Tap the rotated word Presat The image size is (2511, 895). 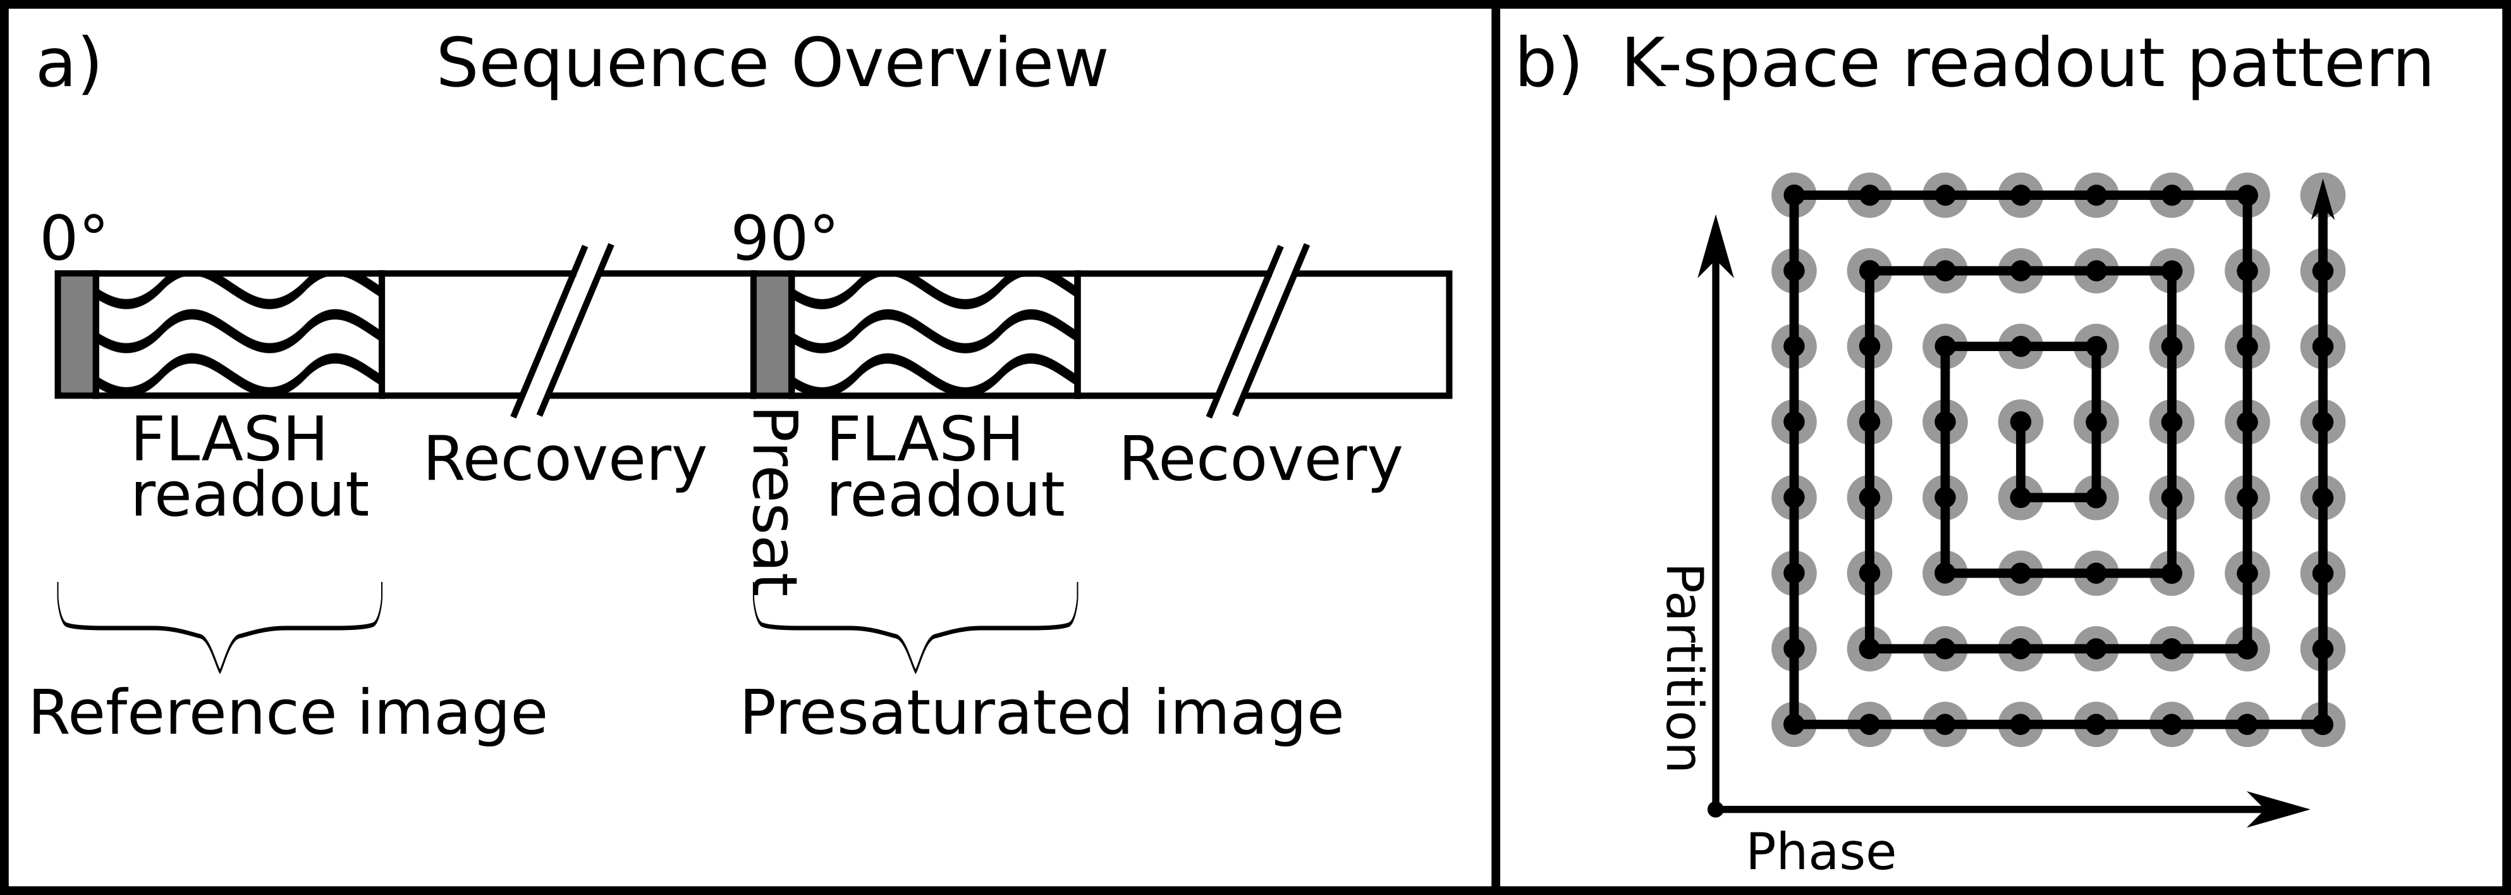[776, 502]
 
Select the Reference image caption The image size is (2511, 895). [288, 713]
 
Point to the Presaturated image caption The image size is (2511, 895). [1041, 713]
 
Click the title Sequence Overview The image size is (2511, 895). [771, 65]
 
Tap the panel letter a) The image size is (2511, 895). [68, 65]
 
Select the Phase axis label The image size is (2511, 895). [1820, 852]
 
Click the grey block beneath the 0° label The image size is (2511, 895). [76, 335]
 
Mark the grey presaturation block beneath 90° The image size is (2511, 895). [772, 335]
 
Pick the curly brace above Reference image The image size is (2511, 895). [220, 629]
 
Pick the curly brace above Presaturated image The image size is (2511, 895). [916, 629]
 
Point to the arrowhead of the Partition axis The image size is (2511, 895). [1716, 248]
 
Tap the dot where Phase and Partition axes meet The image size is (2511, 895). [1716, 809]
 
